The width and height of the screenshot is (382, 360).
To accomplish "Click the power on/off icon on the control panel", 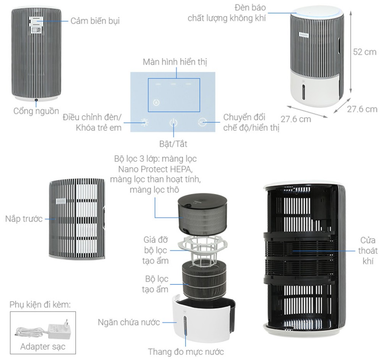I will coord(173,123).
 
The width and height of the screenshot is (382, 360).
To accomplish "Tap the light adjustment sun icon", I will coord(144,123).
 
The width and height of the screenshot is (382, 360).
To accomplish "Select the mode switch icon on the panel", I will coord(202,122).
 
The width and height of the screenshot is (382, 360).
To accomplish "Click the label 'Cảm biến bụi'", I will coord(95,21).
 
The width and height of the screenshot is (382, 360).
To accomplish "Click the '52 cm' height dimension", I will coord(364,52).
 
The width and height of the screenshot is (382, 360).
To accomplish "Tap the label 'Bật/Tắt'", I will coord(173,144).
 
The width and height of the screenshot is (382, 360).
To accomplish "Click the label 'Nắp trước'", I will coord(24,219).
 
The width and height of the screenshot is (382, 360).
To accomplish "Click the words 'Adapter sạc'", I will coord(42,347).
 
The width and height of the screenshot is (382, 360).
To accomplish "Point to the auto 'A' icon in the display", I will coord(155,102).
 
